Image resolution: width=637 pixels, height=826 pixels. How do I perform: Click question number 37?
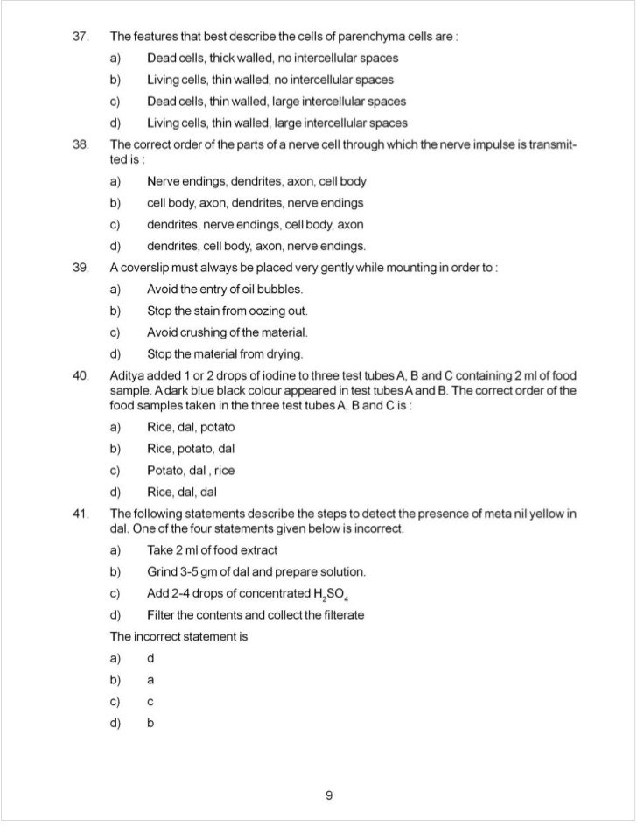click(x=80, y=37)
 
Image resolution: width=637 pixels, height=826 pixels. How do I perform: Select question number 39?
click(x=80, y=267)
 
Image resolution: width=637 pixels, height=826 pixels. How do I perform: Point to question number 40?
click(x=80, y=375)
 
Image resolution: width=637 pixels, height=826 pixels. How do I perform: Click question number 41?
click(x=80, y=514)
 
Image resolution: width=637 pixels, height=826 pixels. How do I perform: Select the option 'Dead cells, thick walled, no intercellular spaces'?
click(x=272, y=59)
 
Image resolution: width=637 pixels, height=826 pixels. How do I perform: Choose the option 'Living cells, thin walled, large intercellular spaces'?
click(x=276, y=122)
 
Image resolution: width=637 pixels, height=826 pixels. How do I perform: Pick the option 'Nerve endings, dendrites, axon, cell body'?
click(x=256, y=182)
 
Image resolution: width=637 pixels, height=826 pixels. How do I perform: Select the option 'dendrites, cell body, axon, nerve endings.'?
click(x=256, y=246)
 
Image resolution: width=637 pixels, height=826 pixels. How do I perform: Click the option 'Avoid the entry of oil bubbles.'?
click(x=225, y=289)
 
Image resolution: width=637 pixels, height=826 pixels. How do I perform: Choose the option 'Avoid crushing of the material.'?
click(x=227, y=332)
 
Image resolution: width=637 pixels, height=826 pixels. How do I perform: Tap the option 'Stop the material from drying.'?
click(x=225, y=354)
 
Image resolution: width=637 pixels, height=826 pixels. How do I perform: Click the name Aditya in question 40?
click(x=129, y=375)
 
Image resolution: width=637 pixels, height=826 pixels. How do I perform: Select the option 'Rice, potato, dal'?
click(x=190, y=449)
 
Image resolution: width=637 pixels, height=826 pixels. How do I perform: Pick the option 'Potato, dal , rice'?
click(x=190, y=471)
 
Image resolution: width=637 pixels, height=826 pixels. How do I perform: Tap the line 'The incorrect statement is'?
click(x=178, y=636)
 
